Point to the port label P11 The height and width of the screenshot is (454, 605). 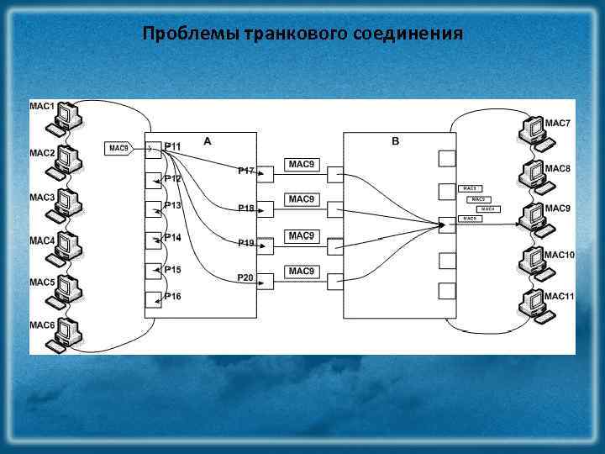[173, 146]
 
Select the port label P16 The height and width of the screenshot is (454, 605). [173, 296]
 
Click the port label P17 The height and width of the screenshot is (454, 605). [246, 171]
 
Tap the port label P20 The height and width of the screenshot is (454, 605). [246, 277]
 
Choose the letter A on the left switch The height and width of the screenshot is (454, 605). [208, 142]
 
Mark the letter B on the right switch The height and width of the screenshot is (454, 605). [396, 142]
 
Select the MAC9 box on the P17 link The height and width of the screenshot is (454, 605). [302, 164]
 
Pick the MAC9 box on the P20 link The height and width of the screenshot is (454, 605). [302, 272]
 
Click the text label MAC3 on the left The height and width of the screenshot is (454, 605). [42, 198]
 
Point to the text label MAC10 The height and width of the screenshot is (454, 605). [559, 255]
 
